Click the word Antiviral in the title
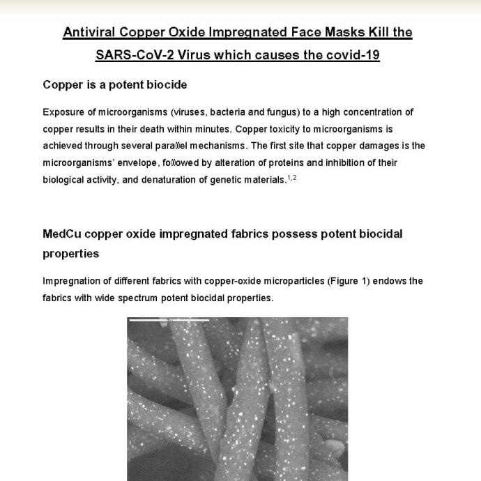[x=91, y=33]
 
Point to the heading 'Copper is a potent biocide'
[x=115, y=85]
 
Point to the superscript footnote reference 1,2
[x=292, y=178]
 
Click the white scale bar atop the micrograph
[x=169, y=320]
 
